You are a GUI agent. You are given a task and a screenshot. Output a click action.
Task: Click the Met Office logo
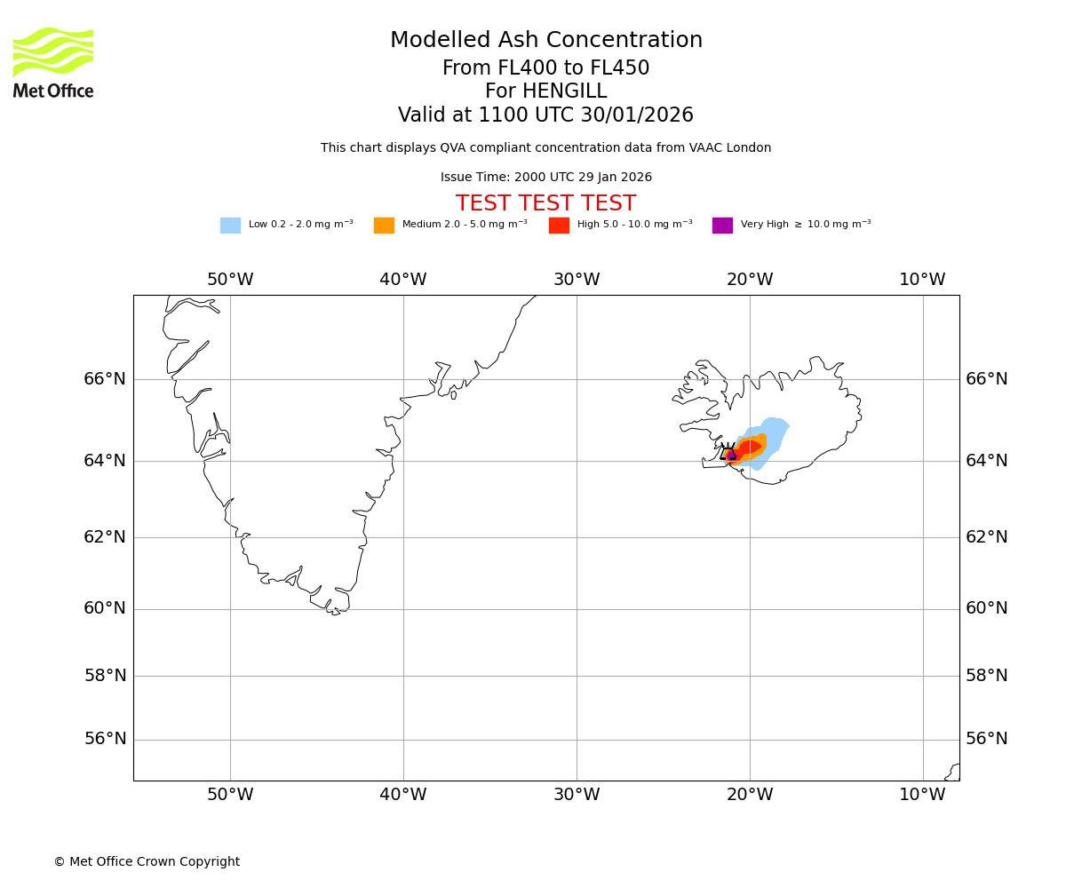coord(53,62)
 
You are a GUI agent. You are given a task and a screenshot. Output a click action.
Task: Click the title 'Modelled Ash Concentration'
coord(545,41)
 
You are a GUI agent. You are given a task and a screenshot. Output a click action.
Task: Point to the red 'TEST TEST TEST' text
coord(545,203)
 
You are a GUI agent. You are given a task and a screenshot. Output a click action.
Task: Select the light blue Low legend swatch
coord(230,226)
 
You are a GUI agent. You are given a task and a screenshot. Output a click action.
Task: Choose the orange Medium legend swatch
coord(384,226)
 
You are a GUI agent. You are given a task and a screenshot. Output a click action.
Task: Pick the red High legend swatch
coord(559,226)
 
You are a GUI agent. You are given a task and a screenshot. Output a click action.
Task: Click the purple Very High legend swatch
coord(722,226)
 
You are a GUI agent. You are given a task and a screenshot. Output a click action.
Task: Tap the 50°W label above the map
coord(230,280)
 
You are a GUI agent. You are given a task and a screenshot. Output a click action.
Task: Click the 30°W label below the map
coord(577,795)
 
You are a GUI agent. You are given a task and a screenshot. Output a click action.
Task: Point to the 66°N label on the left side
coord(105,379)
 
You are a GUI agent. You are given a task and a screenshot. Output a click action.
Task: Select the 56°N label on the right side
coord(987,739)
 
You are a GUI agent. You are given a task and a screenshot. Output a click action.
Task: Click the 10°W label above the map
coord(922,280)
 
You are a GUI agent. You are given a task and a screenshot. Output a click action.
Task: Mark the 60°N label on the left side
coord(105,608)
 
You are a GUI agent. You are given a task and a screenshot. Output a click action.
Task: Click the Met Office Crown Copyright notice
coord(147,861)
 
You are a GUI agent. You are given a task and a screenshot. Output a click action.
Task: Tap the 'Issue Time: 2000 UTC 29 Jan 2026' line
coord(545,178)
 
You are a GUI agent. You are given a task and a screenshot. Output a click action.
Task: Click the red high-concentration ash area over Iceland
coord(749,447)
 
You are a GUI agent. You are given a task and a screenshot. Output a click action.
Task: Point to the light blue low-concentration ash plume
coord(775,432)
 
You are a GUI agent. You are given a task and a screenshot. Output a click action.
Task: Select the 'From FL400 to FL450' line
coord(545,68)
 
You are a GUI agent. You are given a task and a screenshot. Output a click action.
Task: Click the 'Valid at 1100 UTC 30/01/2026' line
coord(545,115)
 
